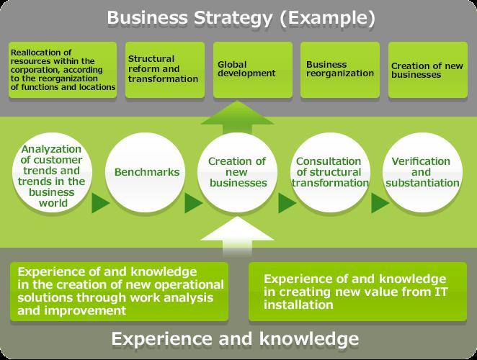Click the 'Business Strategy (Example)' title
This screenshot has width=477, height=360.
241,18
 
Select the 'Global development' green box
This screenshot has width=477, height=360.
253,70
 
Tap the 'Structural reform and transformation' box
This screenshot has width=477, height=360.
165,70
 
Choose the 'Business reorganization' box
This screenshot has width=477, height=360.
340,70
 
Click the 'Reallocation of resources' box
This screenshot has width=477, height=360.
63,70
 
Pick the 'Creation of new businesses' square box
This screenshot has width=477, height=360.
428,70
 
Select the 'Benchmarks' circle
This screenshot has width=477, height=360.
145,172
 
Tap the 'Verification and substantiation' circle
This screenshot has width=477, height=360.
422,172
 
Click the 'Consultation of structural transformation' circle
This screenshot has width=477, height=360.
330,172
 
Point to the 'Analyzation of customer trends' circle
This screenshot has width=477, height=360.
52,172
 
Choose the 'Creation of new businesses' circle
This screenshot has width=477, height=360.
237,172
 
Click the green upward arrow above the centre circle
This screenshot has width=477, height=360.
237,117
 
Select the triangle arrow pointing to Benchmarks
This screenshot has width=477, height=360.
100,203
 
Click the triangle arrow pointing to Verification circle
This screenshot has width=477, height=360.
380,203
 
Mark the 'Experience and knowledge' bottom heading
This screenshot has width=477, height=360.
235,338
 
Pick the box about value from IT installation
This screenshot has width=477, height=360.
357,292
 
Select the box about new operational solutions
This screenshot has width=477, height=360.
120,292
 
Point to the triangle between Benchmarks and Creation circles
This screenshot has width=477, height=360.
194,203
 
